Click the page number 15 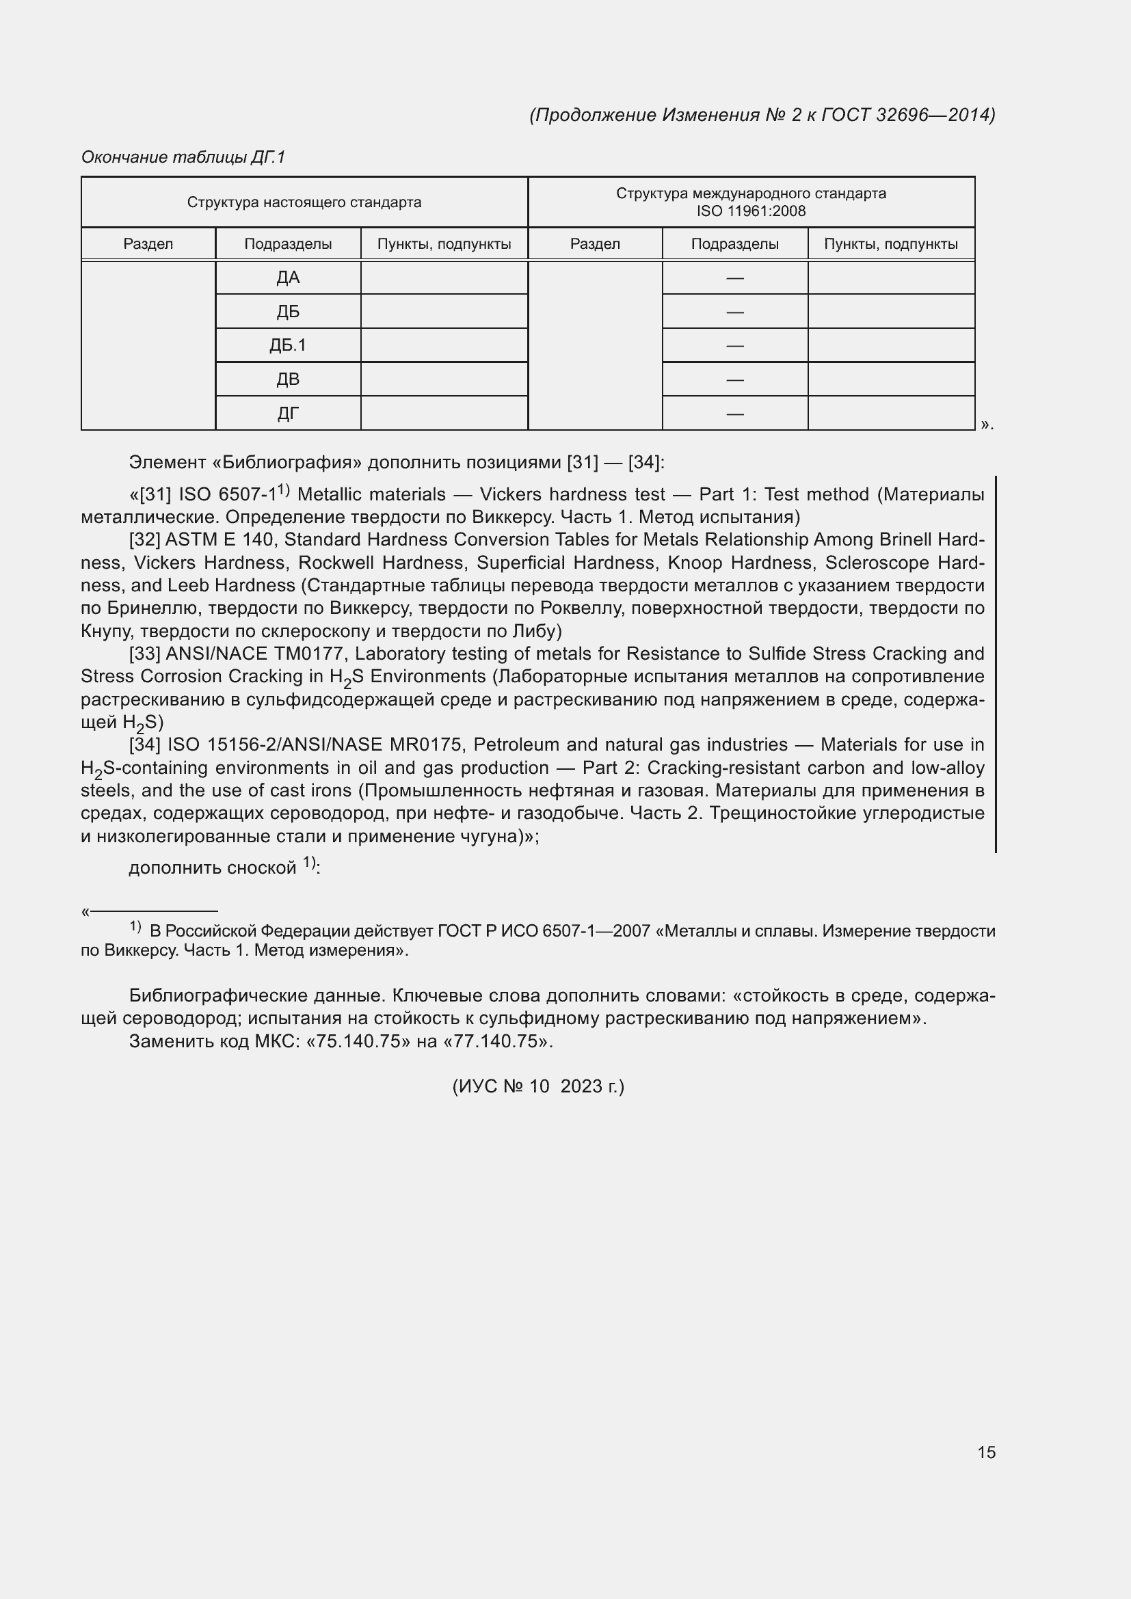coord(986,1452)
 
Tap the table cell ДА coord(288,278)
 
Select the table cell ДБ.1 coord(288,345)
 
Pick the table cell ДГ coord(288,414)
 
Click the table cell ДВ coord(288,379)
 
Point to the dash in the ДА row coord(734,278)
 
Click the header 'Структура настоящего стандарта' coord(304,202)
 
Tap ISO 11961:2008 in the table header coord(751,211)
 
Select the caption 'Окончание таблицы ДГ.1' coord(183,157)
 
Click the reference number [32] coord(145,540)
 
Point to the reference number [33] coord(145,654)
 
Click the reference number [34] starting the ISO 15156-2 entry coord(145,745)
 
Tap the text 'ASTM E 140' coord(219,540)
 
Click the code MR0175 coord(426,745)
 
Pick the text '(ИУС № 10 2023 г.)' coord(538,1086)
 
